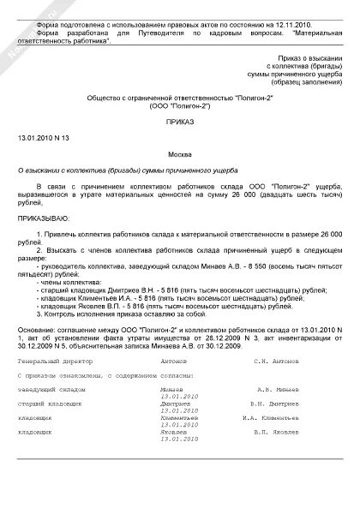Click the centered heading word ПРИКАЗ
[179, 123]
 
